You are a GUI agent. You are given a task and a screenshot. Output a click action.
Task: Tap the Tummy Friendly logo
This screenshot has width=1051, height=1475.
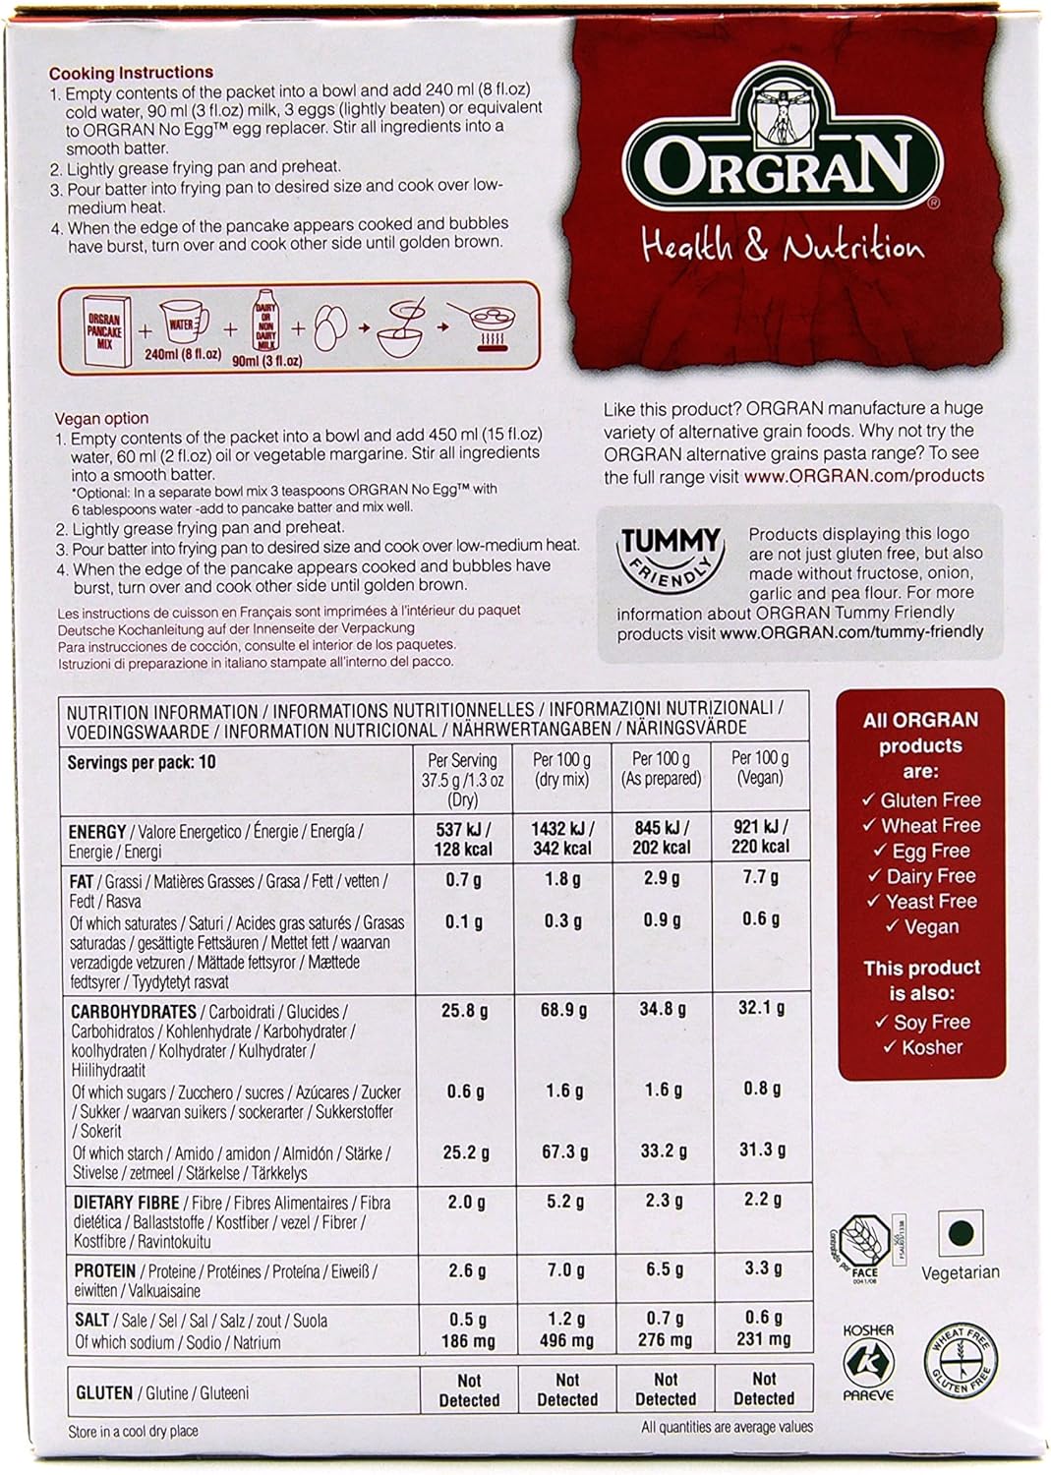[669, 555]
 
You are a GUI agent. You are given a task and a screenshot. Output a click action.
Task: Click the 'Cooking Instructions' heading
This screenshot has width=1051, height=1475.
[131, 73]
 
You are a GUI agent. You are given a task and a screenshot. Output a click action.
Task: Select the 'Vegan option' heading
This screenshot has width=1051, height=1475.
[102, 418]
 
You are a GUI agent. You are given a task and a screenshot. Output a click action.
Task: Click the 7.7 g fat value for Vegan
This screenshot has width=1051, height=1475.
[760, 877]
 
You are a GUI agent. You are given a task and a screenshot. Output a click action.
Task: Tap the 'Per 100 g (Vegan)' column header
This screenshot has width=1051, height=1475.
[760, 767]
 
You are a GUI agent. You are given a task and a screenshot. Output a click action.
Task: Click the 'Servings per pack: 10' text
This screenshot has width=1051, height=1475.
[142, 762]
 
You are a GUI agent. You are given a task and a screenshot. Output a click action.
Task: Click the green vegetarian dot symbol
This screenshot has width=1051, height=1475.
[961, 1233]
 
